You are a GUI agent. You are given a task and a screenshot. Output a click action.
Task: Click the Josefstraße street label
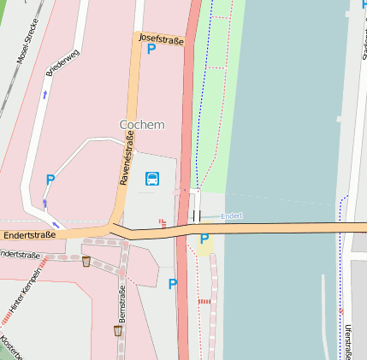click(x=161, y=38)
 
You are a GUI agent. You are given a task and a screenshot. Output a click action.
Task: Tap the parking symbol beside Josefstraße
click(x=151, y=50)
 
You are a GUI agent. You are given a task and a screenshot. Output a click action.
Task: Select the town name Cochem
click(x=142, y=124)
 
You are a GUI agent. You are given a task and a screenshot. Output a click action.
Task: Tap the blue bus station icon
click(x=151, y=179)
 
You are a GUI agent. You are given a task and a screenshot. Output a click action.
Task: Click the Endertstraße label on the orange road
click(x=28, y=234)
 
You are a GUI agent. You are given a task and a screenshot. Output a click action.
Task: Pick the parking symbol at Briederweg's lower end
click(x=50, y=180)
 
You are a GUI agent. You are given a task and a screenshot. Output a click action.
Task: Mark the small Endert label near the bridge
click(x=232, y=216)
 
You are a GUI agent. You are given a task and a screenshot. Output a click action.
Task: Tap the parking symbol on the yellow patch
click(x=204, y=239)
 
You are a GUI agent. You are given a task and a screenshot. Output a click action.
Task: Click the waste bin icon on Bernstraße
click(x=118, y=330)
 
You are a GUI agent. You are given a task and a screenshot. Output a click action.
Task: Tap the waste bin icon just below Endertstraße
click(x=86, y=261)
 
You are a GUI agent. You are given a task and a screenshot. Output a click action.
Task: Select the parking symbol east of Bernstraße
click(x=173, y=284)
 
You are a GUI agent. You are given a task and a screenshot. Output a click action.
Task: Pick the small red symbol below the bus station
click(x=162, y=223)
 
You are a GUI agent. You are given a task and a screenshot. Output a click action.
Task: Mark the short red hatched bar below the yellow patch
click(x=204, y=301)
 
